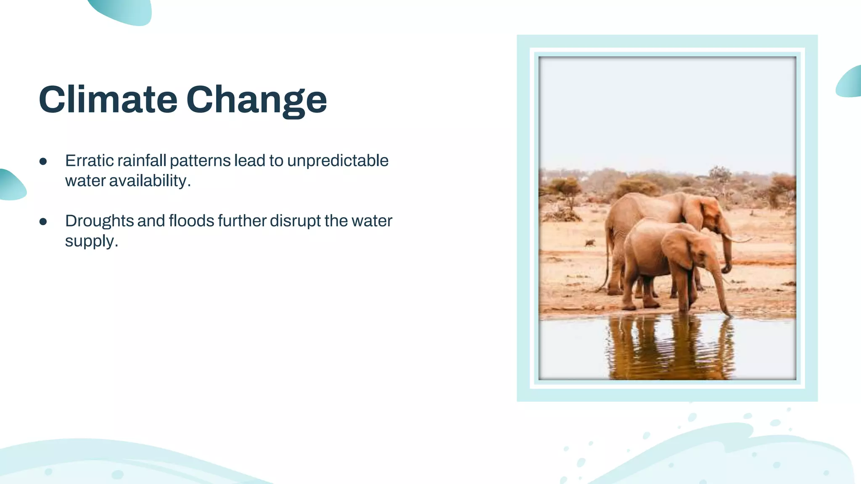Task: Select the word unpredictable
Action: click(x=338, y=160)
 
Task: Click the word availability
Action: click(x=148, y=181)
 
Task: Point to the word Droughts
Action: click(x=99, y=221)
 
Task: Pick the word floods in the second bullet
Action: click(x=191, y=221)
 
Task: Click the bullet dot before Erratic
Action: click(x=43, y=161)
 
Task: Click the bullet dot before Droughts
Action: click(x=43, y=222)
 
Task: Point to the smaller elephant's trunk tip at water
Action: click(x=728, y=313)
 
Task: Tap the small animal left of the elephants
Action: click(x=589, y=243)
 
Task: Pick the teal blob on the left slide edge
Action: click(x=11, y=185)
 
